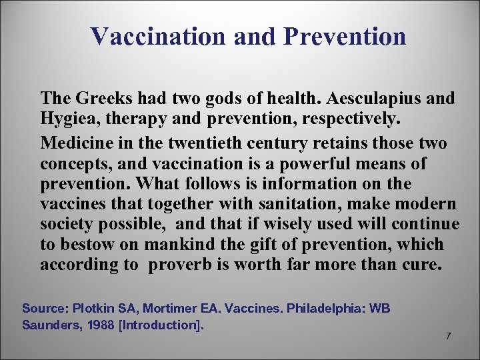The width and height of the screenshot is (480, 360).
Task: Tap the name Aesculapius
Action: (371, 99)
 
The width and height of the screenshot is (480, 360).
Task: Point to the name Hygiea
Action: (65, 119)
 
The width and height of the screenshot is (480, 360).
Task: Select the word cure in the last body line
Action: (421, 265)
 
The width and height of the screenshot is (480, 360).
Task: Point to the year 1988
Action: (91, 325)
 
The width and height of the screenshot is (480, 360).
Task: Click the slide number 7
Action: (448, 336)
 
